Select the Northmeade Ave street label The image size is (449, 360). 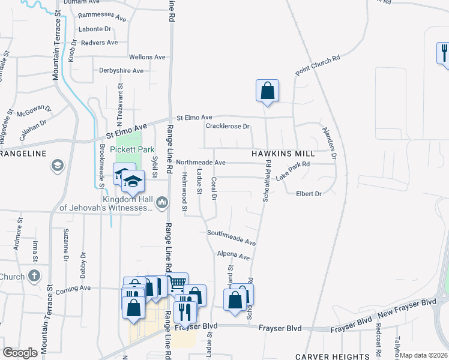click(x=200, y=163)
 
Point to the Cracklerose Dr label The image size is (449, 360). click(x=228, y=127)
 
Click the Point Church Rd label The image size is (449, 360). click(x=318, y=65)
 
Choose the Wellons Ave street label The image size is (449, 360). click(x=147, y=57)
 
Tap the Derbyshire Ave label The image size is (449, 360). click(x=121, y=71)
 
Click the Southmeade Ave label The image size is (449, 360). click(x=232, y=237)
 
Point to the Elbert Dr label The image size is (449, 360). click(x=309, y=194)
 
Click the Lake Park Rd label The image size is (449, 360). click(x=292, y=172)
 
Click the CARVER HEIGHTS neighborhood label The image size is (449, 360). click(x=333, y=356)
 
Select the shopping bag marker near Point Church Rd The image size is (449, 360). click(x=267, y=91)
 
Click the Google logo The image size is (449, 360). click(x=20, y=353)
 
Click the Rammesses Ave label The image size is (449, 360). click(x=103, y=16)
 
